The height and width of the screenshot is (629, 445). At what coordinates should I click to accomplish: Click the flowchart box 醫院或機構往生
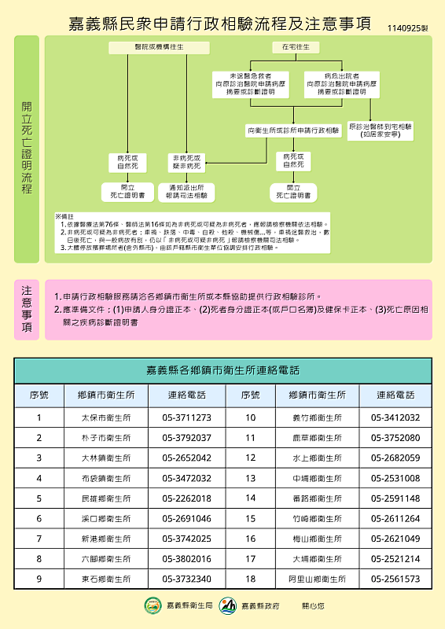(160, 48)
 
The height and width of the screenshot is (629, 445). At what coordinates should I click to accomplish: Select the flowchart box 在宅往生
(296, 48)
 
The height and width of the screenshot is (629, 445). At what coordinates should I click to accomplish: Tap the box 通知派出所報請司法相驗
(186, 192)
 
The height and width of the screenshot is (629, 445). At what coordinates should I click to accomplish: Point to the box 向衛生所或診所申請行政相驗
(293, 130)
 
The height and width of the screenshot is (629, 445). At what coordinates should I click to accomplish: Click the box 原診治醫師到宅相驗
(381, 130)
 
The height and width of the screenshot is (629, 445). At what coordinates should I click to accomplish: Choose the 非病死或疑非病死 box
(186, 163)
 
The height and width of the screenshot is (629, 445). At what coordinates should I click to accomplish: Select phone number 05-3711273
(186, 417)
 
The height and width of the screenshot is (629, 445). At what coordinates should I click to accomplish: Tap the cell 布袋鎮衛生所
(106, 478)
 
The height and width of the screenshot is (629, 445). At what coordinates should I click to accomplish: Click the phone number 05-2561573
(395, 579)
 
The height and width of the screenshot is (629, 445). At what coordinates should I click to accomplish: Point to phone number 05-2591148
(395, 498)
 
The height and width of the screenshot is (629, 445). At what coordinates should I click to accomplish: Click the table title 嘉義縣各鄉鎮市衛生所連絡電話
(222, 370)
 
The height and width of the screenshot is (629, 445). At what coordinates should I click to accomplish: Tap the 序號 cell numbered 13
(251, 478)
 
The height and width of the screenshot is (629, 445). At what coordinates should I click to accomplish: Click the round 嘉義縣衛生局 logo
(153, 605)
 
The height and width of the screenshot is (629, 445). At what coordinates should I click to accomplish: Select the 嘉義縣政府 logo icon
(228, 605)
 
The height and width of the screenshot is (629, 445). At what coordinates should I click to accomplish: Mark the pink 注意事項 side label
(26, 310)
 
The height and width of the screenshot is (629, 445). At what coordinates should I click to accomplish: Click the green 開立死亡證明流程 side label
(26, 149)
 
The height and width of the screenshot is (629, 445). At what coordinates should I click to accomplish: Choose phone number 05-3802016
(186, 559)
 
